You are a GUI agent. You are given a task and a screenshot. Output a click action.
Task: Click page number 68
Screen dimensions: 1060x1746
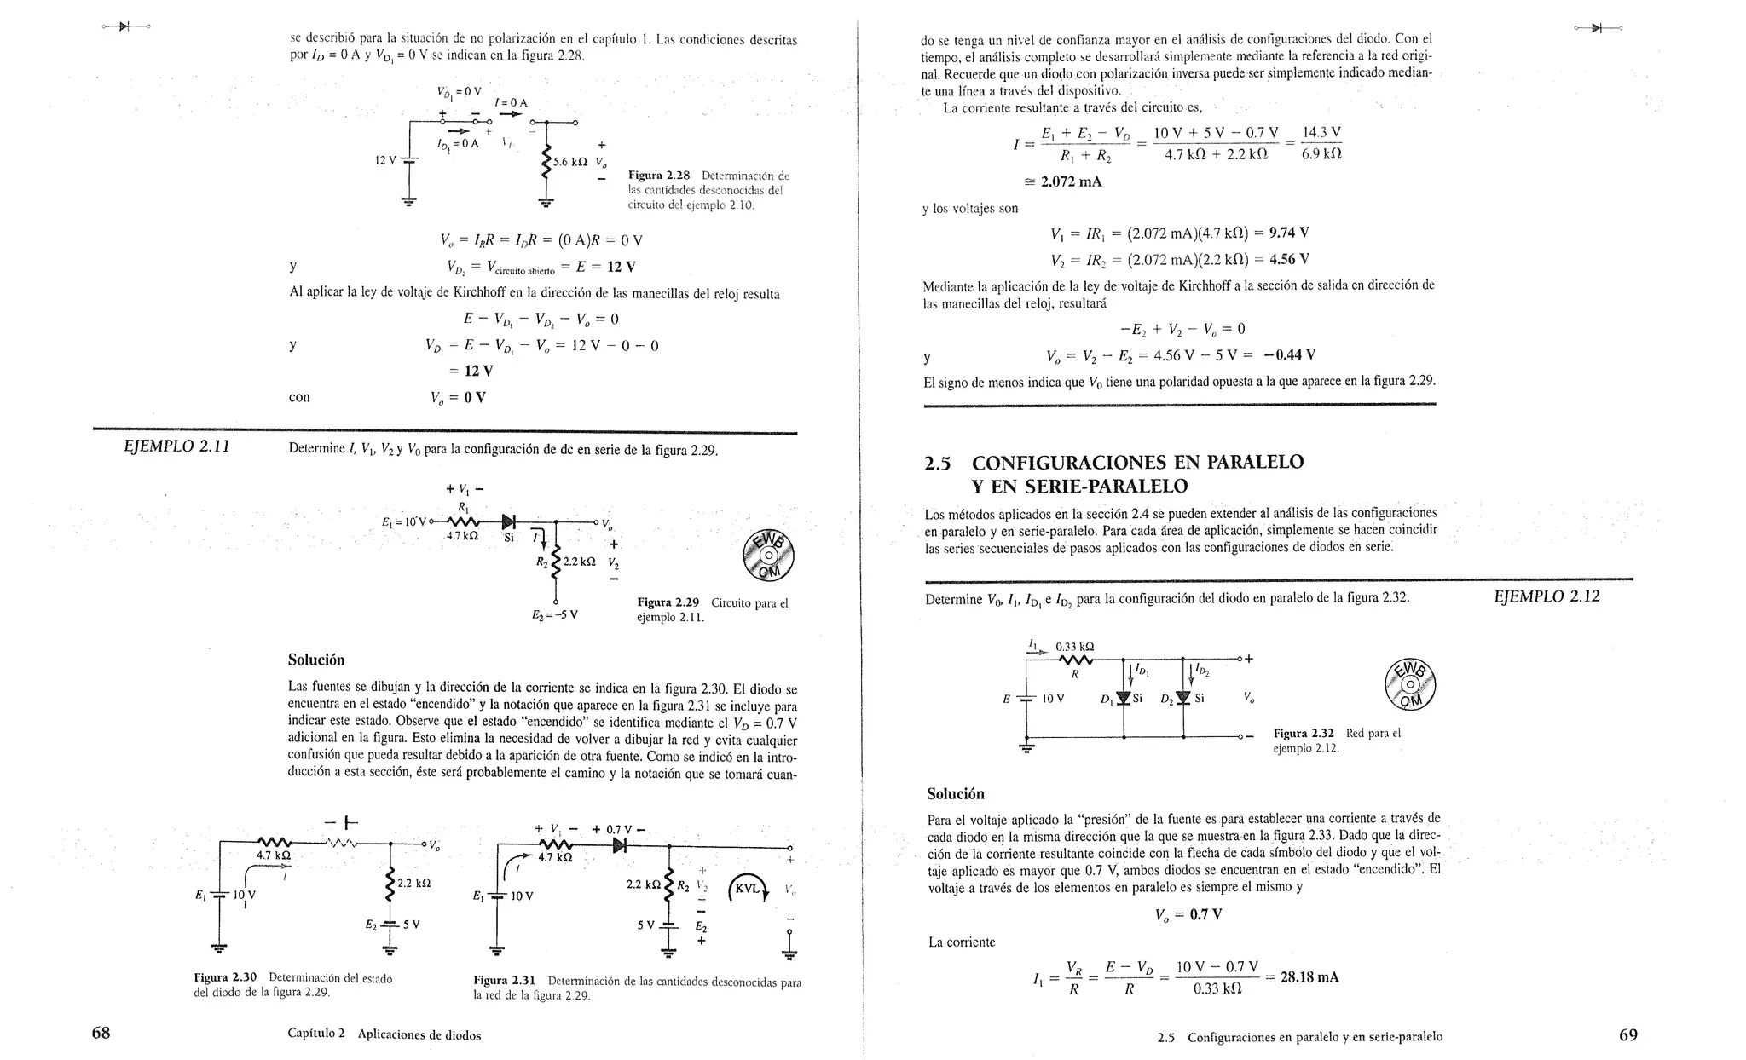point(101,1034)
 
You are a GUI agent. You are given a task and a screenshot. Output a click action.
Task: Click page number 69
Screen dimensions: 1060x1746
point(1627,1035)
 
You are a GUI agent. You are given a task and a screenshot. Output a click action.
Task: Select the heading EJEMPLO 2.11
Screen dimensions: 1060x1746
point(177,446)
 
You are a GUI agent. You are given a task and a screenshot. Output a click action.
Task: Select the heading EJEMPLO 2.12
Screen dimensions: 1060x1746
point(1547,596)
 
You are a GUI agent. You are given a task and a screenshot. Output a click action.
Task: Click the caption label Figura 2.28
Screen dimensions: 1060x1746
point(658,175)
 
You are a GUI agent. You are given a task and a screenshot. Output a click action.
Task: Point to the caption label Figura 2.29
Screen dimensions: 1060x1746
point(668,602)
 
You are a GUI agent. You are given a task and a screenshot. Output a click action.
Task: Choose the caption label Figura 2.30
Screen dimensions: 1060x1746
point(225,977)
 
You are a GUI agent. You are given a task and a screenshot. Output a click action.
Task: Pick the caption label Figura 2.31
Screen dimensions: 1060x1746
point(505,981)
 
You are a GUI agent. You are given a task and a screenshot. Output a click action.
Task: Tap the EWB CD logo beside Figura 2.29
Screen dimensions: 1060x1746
point(767,555)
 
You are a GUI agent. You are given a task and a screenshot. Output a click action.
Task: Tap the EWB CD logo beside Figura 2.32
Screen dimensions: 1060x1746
point(1411,684)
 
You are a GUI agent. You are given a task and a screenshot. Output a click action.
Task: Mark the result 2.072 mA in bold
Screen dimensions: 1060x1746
point(1071,181)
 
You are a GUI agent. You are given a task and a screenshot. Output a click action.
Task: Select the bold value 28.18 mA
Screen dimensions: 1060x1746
point(1309,977)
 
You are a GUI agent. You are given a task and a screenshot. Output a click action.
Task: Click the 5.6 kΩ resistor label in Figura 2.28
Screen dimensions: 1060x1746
point(571,162)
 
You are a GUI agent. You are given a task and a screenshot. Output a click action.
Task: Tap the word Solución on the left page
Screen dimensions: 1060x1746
point(316,660)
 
